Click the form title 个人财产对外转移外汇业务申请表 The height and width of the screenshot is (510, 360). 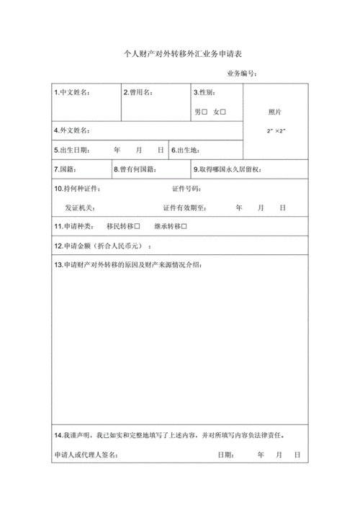tap(179, 54)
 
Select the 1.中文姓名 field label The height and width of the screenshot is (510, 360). tap(72, 93)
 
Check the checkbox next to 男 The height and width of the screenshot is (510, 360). tap(204, 112)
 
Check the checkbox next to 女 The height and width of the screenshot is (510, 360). tap(223, 112)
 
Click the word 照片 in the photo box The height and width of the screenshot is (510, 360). tap(275, 112)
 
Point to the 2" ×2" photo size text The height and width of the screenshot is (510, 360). tap(276, 130)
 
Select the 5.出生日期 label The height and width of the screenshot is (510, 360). tap(72, 150)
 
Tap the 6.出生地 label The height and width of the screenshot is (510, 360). tap(186, 150)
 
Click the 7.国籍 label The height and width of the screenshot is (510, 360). tap(66, 169)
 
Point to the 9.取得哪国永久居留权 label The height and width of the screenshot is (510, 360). tap(231, 169)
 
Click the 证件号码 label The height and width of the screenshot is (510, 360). tap(186, 189)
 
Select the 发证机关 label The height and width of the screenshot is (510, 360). tap(78, 207)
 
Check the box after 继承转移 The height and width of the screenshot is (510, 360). tap(185, 226)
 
